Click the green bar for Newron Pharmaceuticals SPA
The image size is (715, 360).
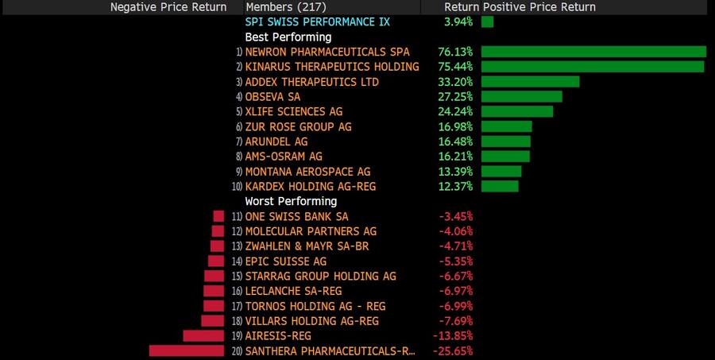point(593,52)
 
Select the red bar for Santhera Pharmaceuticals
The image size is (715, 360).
point(187,350)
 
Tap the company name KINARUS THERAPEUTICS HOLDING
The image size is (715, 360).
point(332,67)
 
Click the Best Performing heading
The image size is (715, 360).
point(288,37)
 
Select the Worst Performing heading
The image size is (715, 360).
point(291,201)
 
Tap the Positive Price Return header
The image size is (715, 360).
point(539,7)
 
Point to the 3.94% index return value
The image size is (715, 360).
point(458,21)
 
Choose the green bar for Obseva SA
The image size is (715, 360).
point(521,96)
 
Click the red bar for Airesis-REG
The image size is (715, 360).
point(204,336)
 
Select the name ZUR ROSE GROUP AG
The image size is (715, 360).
point(299,126)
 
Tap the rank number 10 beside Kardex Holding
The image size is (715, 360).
point(237,187)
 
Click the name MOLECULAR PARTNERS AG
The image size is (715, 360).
point(311,231)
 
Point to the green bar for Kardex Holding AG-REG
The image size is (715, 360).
point(500,186)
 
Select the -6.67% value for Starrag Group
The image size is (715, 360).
point(457,277)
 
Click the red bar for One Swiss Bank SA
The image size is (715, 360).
point(218,216)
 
